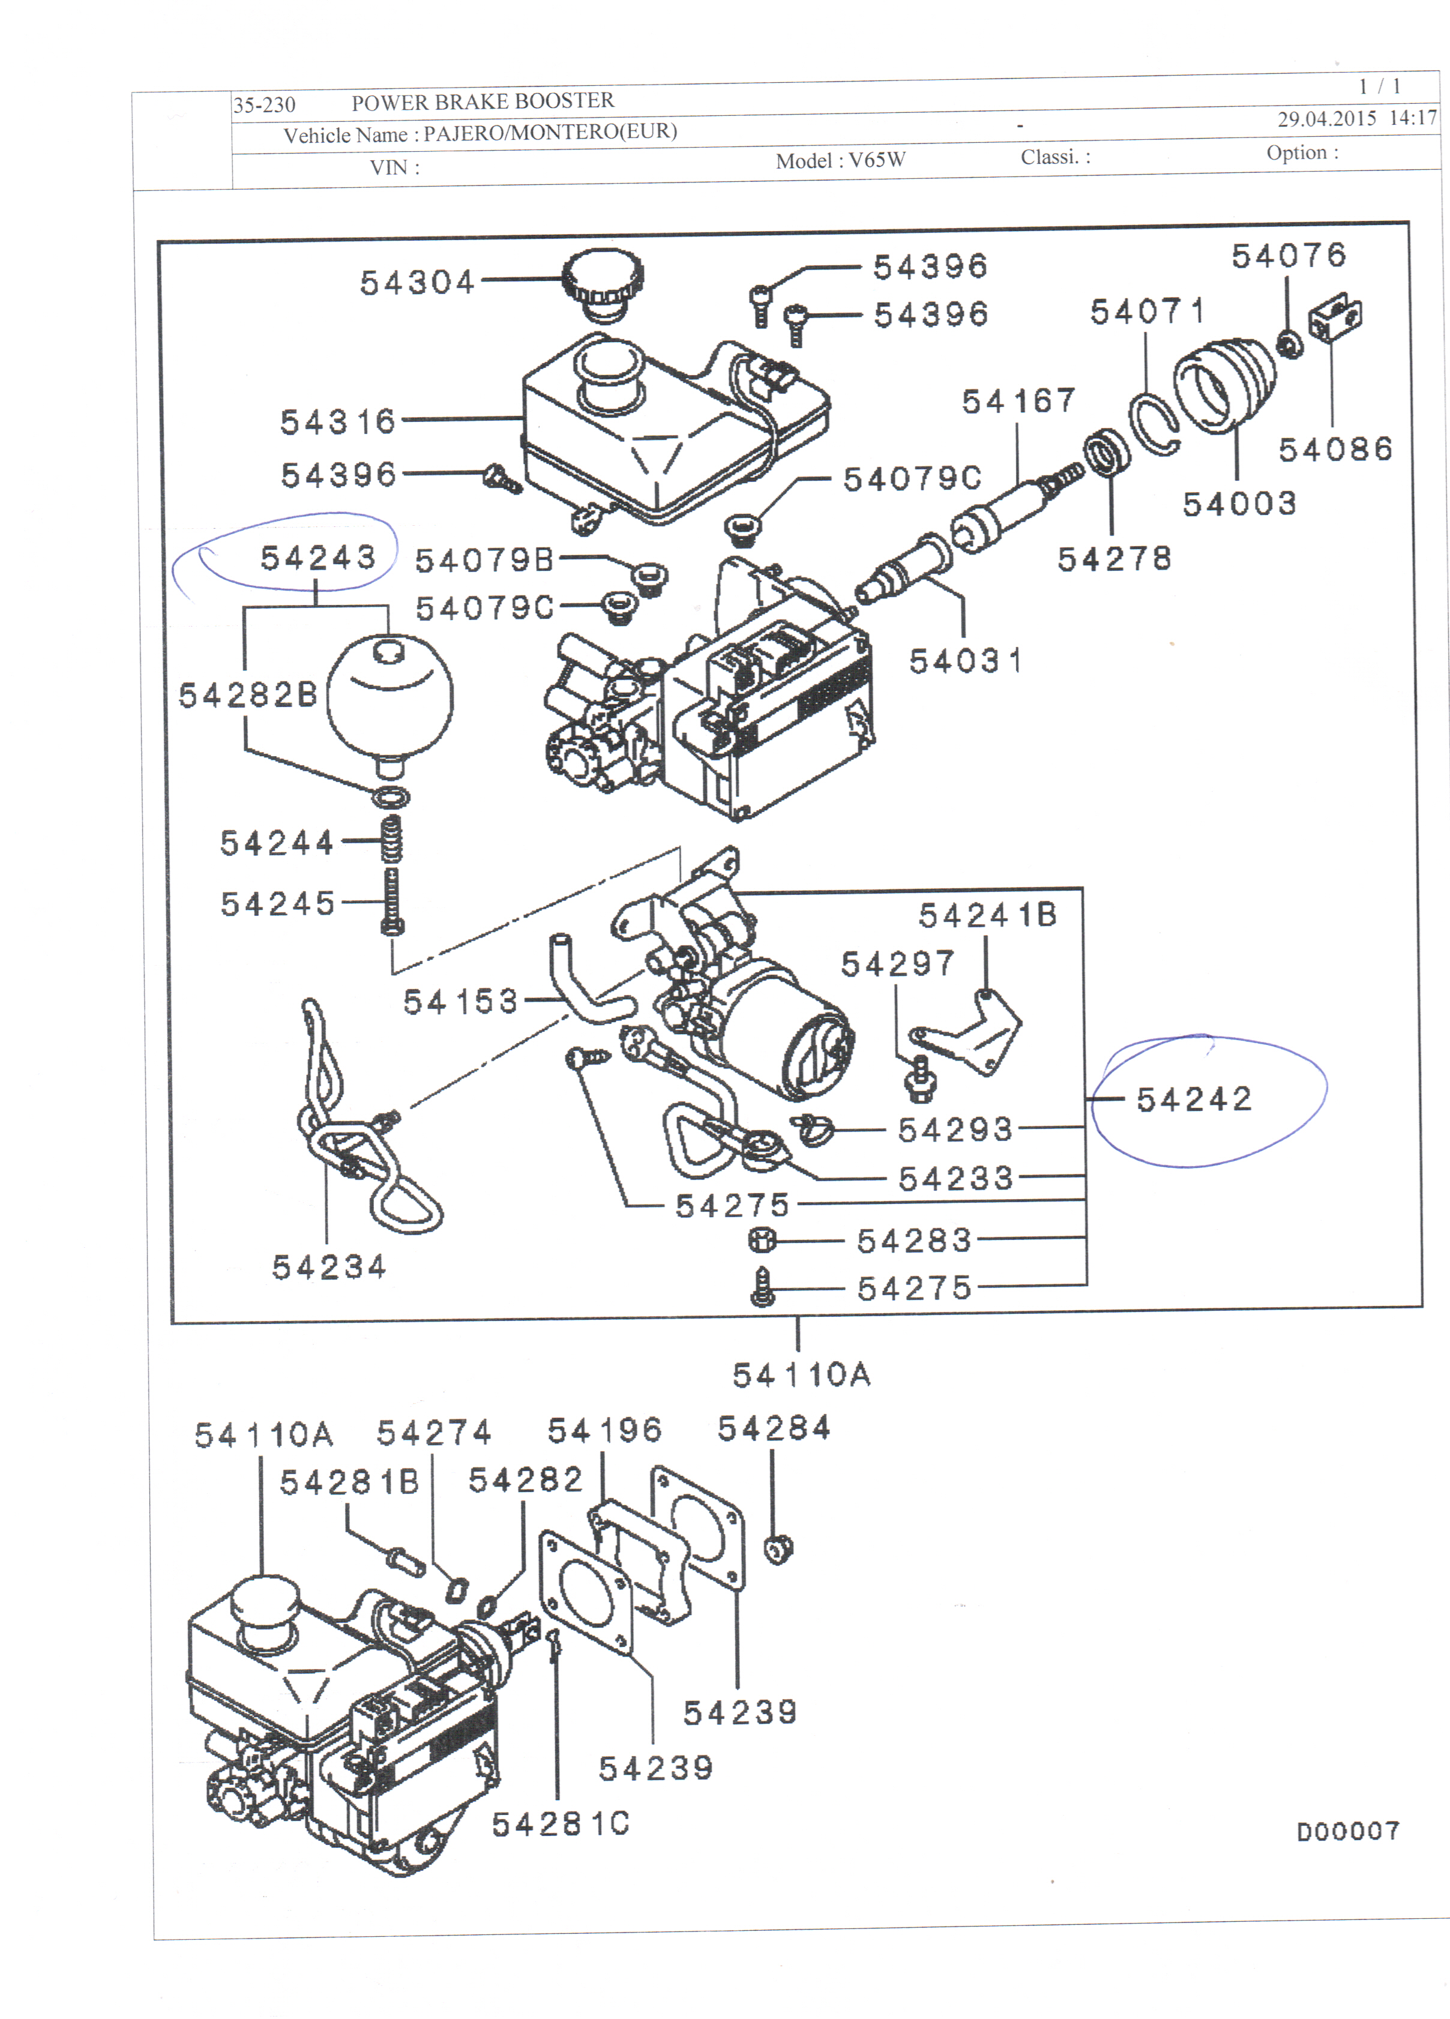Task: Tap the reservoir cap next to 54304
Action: coord(603,283)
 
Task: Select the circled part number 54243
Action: coord(317,558)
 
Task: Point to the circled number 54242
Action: coord(1194,1100)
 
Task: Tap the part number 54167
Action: coord(1018,402)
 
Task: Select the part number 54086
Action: coord(1335,450)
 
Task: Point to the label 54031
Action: coord(966,661)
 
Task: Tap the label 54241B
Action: coord(987,915)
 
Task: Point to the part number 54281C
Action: coord(561,1824)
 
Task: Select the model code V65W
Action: coord(877,160)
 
